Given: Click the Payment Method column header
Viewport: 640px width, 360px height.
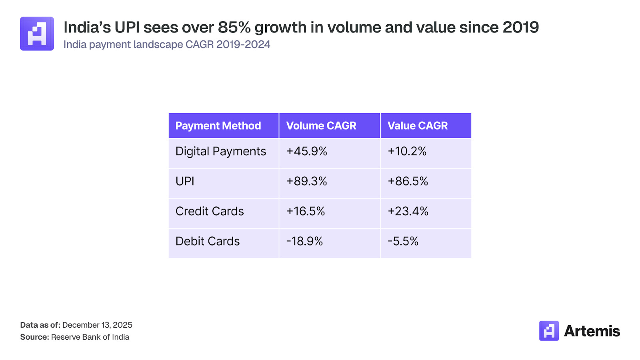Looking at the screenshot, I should (218, 126).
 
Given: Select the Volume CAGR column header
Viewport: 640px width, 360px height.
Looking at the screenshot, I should (321, 126).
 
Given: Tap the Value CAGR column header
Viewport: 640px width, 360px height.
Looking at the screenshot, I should (418, 126).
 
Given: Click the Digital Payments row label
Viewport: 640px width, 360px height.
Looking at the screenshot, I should (221, 152).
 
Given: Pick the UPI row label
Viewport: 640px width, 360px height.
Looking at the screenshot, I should (185, 181).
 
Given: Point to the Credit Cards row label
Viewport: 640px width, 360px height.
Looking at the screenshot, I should (210, 211).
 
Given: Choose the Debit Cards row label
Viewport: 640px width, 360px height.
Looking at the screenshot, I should (208, 241).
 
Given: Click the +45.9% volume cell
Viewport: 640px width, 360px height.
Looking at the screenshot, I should (307, 151).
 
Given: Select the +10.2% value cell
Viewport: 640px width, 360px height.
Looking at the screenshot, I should (407, 151).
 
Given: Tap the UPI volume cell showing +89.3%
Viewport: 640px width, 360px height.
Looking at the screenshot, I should (307, 181).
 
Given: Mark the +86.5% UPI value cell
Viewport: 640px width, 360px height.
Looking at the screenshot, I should (408, 181).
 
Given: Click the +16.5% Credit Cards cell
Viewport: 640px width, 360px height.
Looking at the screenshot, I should (306, 211).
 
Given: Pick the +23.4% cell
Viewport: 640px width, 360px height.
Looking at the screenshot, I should (408, 211).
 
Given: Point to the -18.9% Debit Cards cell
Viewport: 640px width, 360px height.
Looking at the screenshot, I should (304, 241).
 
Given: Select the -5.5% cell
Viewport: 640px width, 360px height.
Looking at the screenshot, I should (403, 241).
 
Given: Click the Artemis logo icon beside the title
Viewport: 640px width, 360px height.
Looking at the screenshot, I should (37, 34).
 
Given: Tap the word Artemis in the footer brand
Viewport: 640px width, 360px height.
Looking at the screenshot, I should (592, 331).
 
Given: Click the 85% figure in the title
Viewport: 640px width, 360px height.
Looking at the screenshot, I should (234, 28).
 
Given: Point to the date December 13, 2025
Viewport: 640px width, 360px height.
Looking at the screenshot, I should (97, 325).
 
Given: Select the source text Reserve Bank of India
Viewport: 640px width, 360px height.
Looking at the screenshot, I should (90, 337).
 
